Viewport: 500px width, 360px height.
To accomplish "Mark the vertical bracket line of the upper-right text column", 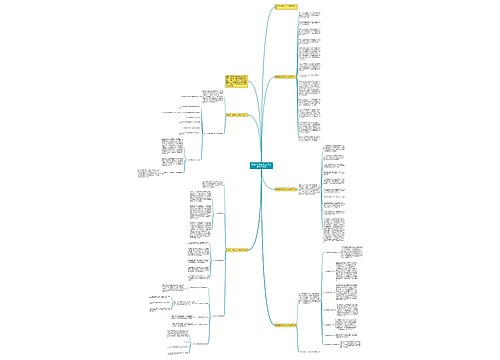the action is pyautogui.click(x=297, y=70).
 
